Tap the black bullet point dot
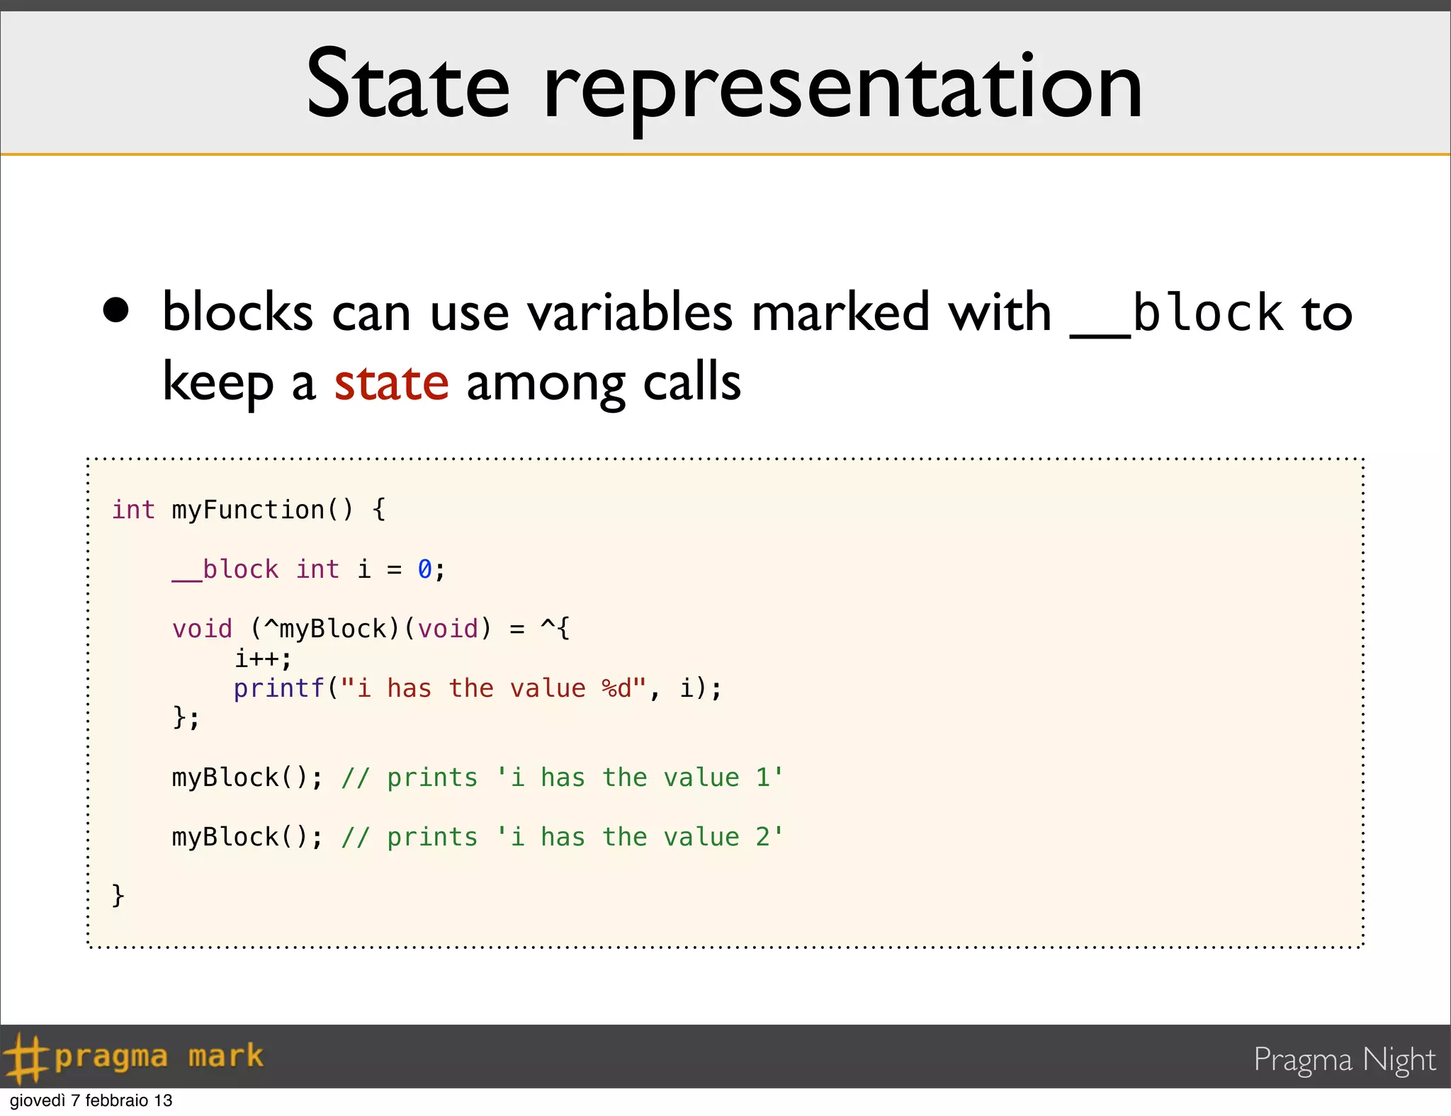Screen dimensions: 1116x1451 tap(116, 309)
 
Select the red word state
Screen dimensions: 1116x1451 tap(391, 382)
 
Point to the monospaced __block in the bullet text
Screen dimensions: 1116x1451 tap(1176, 314)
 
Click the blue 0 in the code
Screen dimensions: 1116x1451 tap(424, 569)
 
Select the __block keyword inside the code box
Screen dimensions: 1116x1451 tap(225, 569)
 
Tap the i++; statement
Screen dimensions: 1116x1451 tap(263, 659)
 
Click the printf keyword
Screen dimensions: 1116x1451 tap(278, 688)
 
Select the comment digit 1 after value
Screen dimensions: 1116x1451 tap(762, 778)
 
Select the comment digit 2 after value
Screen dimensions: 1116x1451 tap(762, 837)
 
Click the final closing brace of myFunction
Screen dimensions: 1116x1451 tap(118, 896)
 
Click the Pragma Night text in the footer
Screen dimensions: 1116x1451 tap(1344, 1060)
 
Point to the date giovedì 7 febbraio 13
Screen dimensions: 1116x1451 tap(91, 1100)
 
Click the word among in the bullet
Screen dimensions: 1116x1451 tap(545, 382)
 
